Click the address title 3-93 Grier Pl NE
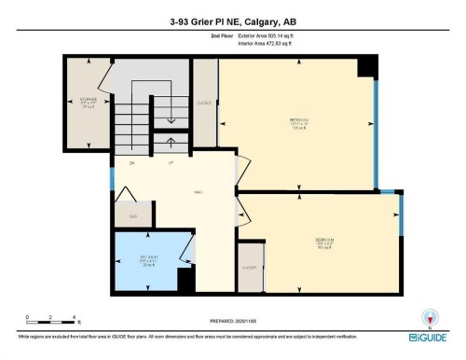pyautogui.click(x=232, y=20)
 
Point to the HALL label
pyautogui.click(x=198, y=193)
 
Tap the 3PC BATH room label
pyautogui.click(x=148, y=260)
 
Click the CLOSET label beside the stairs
pyautogui.click(x=204, y=103)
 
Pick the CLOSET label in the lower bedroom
pyautogui.click(x=249, y=267)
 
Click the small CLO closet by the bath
pyautogui.click(x=132, y=215)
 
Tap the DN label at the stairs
pyautogui.click(x=132, y=163)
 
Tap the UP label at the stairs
pyautogui.click(x=171, y=163)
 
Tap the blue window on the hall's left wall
pyautogui.click(x=112, y=177)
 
